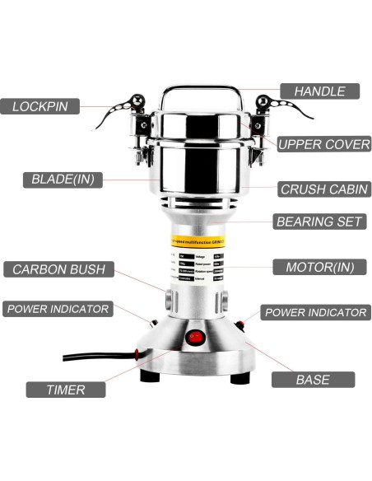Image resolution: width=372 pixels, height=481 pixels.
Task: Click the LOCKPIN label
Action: point(45,106)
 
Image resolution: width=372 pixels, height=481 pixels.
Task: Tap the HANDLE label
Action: point(319,91)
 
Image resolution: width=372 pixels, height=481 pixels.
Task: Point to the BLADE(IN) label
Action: point(62,179)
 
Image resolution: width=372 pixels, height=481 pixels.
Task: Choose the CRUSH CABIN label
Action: point(323,189)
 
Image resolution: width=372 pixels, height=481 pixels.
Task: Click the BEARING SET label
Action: point(320,221)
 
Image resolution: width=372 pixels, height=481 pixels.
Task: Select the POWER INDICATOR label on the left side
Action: point(58,309)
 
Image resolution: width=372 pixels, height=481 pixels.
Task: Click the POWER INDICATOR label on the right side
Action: point(314,312)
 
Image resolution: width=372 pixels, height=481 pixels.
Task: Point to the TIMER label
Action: point(65,389)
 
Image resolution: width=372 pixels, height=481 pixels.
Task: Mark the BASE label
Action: point(313,380)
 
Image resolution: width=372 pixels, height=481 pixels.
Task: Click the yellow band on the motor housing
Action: point(197,241)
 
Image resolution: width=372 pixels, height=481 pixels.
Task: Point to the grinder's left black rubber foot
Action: point(151,376)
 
